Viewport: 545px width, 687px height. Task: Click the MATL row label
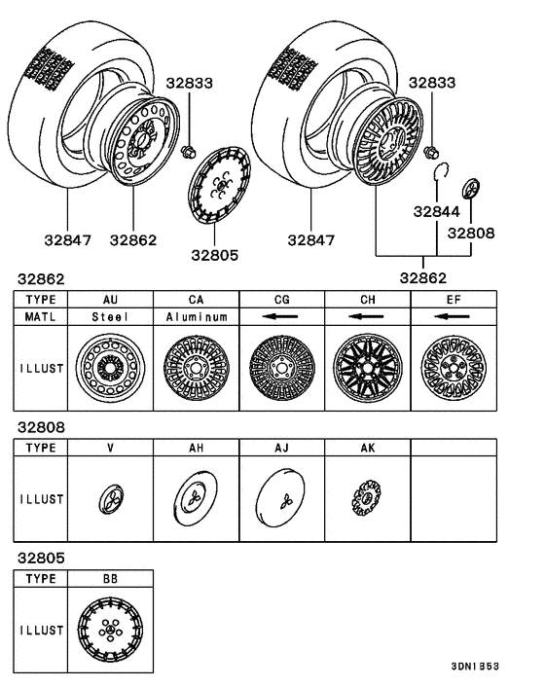pos(41,317)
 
